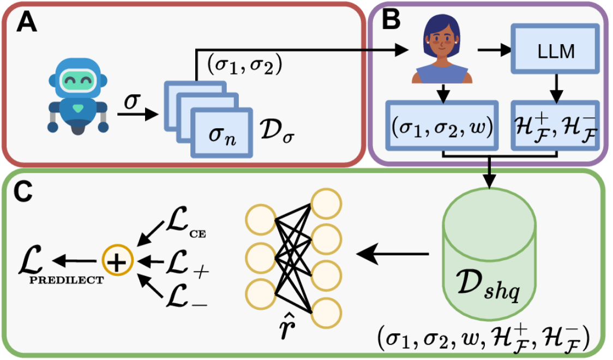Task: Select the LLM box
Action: click(555, 51)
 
